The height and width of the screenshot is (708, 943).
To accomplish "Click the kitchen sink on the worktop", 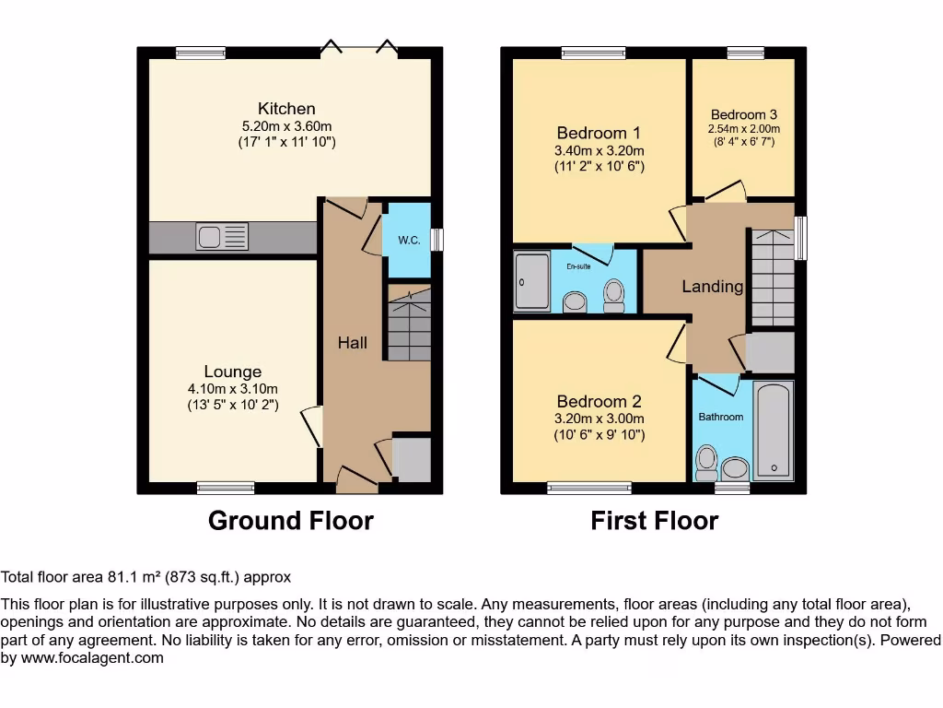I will [222, 237].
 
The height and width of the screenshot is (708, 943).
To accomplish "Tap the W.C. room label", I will [409, 241].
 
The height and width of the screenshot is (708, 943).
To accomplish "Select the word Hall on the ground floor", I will [352, 343].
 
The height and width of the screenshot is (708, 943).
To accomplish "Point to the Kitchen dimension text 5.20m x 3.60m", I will [286, 126].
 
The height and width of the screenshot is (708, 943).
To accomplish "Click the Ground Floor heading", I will [290, 521].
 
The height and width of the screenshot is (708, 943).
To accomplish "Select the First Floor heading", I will [654, 521].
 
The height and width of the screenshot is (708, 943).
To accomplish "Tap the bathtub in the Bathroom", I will [772, 431].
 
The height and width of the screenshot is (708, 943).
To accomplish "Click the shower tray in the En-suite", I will [531, 281].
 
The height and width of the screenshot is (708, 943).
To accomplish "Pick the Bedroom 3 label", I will [744, 116].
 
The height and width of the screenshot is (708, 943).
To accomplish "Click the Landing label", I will [712, 287].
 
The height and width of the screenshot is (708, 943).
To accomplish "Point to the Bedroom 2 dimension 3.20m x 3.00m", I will [599, 419].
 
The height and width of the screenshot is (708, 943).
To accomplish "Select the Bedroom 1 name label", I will [599, 133].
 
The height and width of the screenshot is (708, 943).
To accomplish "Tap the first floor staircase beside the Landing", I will [772, 277].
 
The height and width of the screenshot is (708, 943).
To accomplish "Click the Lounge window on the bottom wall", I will [226, 488].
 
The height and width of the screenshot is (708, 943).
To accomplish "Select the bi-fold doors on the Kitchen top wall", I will [359, 51].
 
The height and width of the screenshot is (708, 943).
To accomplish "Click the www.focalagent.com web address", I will [91, 658].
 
